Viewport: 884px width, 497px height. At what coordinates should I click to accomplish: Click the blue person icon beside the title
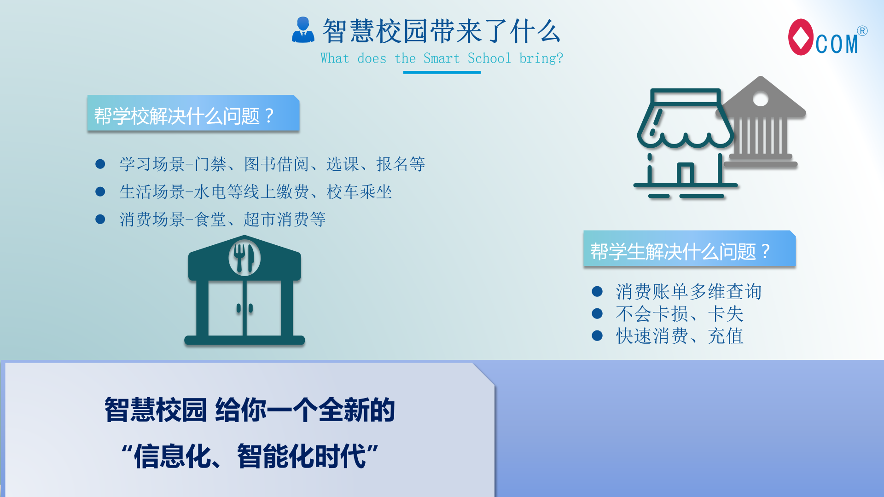click(x=303, y=30)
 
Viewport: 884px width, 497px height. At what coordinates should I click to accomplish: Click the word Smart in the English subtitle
click(x=441, y=58)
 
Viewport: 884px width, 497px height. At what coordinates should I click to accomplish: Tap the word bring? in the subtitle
click(x=541, y=59)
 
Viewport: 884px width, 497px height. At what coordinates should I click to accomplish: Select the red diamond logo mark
click(x=801, y=37)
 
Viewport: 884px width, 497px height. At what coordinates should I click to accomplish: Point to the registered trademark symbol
click(x=862, y=31)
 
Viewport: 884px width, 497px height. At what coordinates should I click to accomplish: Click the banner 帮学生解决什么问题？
click(x=689, y=248)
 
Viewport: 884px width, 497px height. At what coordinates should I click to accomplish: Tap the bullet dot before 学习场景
click(x=100, y=164)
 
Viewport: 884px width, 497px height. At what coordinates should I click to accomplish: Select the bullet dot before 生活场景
click(x=100, y=191)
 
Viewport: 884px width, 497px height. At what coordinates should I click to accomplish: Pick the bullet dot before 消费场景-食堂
click(x=100, y=219)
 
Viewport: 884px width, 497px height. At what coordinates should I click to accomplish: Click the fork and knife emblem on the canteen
click(x=244, y=258)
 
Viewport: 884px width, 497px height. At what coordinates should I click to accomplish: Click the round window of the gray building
click(x=761, y=99)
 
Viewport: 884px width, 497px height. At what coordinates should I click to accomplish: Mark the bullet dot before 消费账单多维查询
click(x=597, y=291)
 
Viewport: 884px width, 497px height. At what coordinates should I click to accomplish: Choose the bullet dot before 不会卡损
click(x=597, y=313)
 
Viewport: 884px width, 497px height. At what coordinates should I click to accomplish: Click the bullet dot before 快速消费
click(x=597, y=335)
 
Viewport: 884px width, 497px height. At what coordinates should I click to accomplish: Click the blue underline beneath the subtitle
click(x=442, y=72)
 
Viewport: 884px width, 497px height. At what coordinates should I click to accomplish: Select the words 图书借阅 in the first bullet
click(x=276, y=164)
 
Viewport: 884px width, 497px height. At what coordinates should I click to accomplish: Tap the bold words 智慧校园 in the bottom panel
click(x=156, y=410)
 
